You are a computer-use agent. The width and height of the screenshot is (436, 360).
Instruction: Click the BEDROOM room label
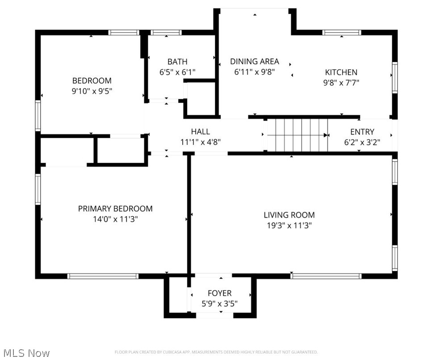[x=92, y=81]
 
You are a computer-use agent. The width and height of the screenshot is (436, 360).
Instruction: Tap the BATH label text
[x=177, y=62]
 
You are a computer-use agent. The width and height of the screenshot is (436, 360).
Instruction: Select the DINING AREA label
[x=255, y=62]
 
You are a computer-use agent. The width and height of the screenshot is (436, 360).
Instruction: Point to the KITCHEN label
[x=341, y=72]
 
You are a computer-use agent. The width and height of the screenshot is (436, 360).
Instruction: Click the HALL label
[x=200, y=132]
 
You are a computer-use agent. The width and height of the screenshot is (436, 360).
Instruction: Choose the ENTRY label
[x=362, y=132]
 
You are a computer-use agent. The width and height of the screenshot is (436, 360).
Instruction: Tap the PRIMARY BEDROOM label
[x=115, y=209]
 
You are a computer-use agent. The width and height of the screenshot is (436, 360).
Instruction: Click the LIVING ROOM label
[x=289, y=215]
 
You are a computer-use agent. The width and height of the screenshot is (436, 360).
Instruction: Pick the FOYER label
[x=219, y=293]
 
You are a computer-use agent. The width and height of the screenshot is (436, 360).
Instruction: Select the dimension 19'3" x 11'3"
[x=289, y=226]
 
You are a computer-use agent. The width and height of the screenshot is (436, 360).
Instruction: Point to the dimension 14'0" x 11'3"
[x=115, y=220]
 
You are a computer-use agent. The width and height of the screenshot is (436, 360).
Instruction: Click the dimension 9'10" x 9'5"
[x=92, y=92]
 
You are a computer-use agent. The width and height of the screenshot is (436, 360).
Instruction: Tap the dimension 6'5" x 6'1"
[x=177, y=72]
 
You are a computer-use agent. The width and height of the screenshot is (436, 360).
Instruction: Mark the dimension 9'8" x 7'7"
[x=341, y=83]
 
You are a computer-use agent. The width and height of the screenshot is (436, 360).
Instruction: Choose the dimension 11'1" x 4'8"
[x=200, y=142]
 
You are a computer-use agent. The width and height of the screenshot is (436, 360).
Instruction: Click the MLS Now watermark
[x=25, y=353]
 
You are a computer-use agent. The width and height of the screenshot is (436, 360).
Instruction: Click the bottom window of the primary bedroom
[x=103, y=276]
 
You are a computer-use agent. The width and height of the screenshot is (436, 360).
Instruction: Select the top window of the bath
[x=166, y=32]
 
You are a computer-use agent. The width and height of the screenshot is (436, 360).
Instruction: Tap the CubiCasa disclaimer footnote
[x=216, y=352]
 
